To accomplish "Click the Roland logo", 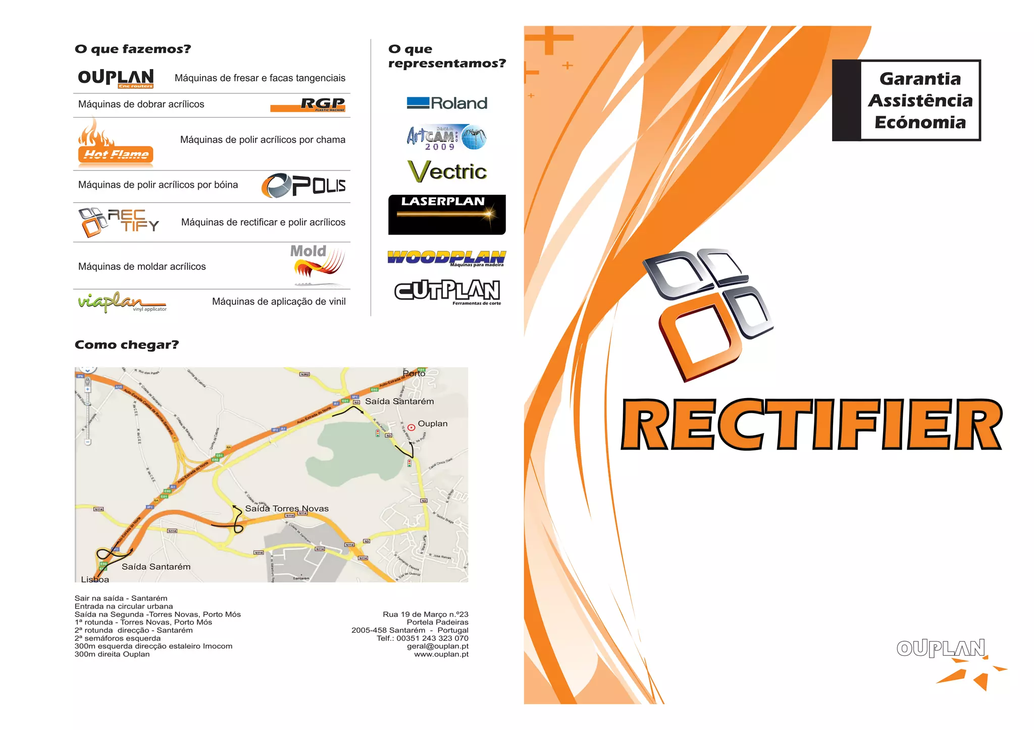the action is pos(447,103).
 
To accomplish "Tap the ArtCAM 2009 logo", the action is pos(446,137).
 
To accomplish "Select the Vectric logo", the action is pos(447,171).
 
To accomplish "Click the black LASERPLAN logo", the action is pos(447,214).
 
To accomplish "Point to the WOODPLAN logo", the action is pos(447,258).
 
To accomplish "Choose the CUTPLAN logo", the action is pos(447,292).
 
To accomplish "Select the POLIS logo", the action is pos(303,186).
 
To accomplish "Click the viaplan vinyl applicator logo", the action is pos(121,302).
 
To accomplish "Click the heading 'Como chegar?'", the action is pos(127,345).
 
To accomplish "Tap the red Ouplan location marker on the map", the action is pos(411,428).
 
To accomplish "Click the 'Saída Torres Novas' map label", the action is pos(287,509).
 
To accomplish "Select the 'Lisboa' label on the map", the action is pos(95,580).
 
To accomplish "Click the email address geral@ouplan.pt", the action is pos(437,646).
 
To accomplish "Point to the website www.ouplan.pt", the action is pos(441,654).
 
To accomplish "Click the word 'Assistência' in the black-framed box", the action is pos(920,100).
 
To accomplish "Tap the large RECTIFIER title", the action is pos(811,424).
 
